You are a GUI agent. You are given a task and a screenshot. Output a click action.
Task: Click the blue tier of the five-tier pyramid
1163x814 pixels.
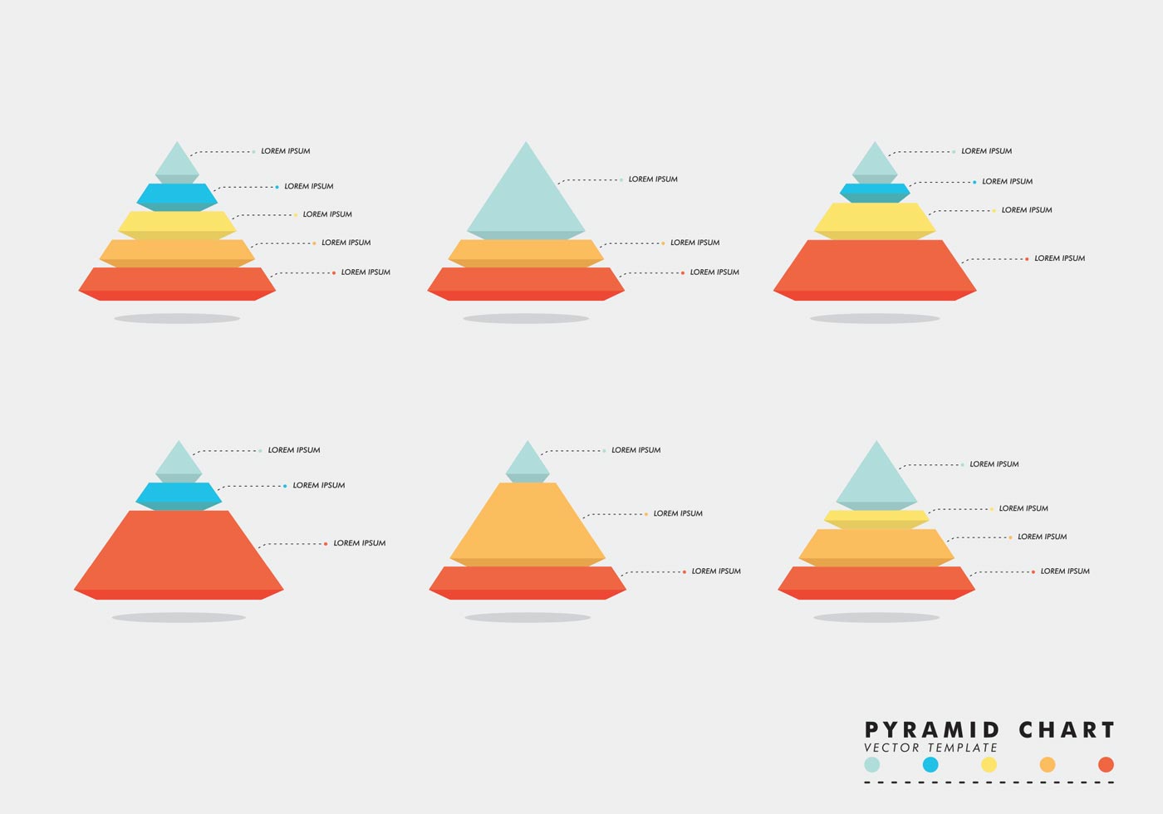point(177,194)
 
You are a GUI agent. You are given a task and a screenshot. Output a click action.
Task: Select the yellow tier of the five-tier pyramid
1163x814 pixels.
point(177,221)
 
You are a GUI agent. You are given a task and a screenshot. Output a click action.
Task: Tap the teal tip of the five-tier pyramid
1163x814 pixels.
point(177,161)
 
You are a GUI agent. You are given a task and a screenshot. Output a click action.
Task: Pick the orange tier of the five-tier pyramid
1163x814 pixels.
point(177,249)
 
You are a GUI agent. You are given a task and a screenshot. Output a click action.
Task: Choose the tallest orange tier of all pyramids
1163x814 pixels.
point(528,522)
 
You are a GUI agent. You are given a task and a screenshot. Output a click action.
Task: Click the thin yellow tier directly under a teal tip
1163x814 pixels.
point(876,516)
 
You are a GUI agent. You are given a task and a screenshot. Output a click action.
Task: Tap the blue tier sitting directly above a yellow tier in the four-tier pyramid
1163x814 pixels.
point(875,189)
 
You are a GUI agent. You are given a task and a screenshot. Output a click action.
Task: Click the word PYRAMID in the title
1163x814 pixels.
point(932,730)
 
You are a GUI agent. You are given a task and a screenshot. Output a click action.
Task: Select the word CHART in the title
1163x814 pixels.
point(1067,730)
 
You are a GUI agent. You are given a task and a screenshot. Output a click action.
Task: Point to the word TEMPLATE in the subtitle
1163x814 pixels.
point(963,748)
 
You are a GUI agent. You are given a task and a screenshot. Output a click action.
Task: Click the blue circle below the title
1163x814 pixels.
point(930,765)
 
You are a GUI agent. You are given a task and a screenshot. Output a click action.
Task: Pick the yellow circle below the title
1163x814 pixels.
point(989,765)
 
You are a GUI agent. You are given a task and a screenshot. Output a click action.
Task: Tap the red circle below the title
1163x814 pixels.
point(1106,765)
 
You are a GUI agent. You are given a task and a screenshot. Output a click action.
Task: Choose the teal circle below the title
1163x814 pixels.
point(871,765)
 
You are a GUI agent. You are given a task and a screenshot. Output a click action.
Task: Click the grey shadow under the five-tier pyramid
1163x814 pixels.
point(177,318)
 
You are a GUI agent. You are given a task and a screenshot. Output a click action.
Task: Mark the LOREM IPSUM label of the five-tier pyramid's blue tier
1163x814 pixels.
point(309,186)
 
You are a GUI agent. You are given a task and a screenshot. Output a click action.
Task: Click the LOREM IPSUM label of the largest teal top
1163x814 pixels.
point(653,179)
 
